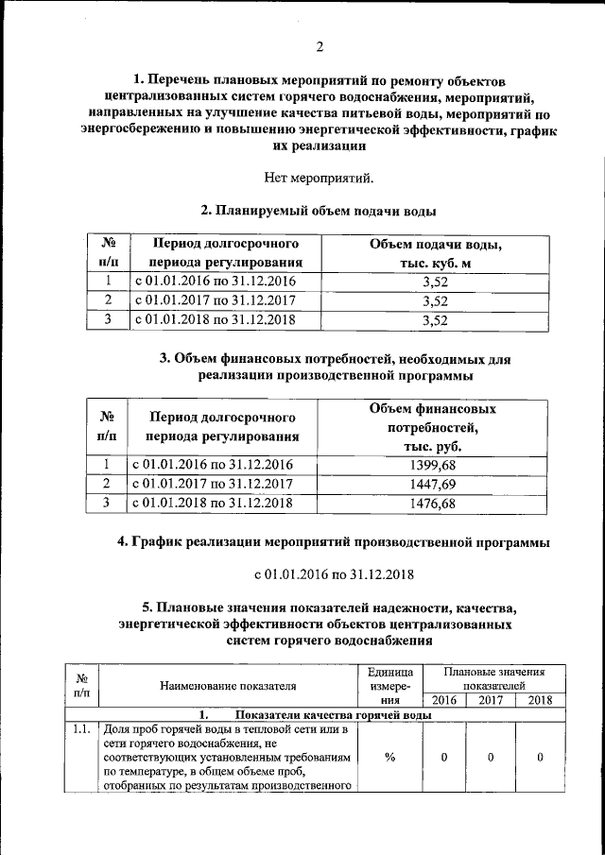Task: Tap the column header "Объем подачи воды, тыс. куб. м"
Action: coord(434,253)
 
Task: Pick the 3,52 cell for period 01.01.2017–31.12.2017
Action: coord(434,301)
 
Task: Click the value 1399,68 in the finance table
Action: coord(433,465)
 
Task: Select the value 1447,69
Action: coord(433,485)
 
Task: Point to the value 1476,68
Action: coord(433,504)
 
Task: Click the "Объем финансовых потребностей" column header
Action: coord(433,427)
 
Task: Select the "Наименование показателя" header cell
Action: coord(228,686)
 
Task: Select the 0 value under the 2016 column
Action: coord(442,757)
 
